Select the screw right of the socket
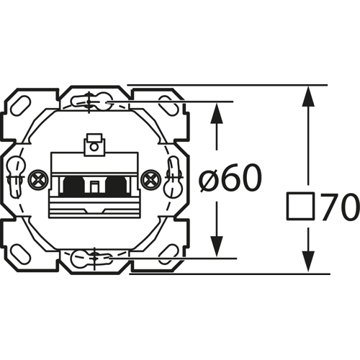point(150,178)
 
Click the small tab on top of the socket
point(93,146)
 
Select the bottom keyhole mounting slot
point(94,256)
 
